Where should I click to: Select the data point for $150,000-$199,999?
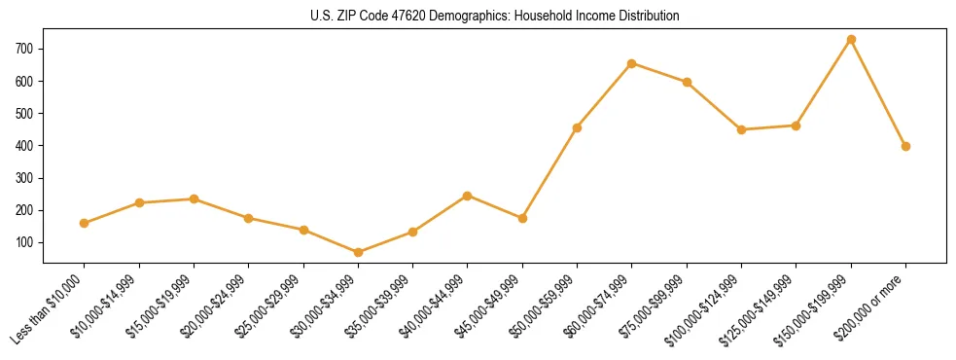pos(851,40)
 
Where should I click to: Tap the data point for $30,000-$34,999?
pos(358,253)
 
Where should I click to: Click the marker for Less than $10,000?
pos(85,224)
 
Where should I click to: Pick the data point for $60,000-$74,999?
pos(632,63)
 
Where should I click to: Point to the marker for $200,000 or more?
pos(905,147)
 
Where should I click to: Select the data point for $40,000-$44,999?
pos(468,196)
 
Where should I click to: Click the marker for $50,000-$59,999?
pos(578,127)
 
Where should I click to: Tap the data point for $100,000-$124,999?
pos(741,129)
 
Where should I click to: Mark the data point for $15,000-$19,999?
pos(195,199)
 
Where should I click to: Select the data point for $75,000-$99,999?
pos(687,83)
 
